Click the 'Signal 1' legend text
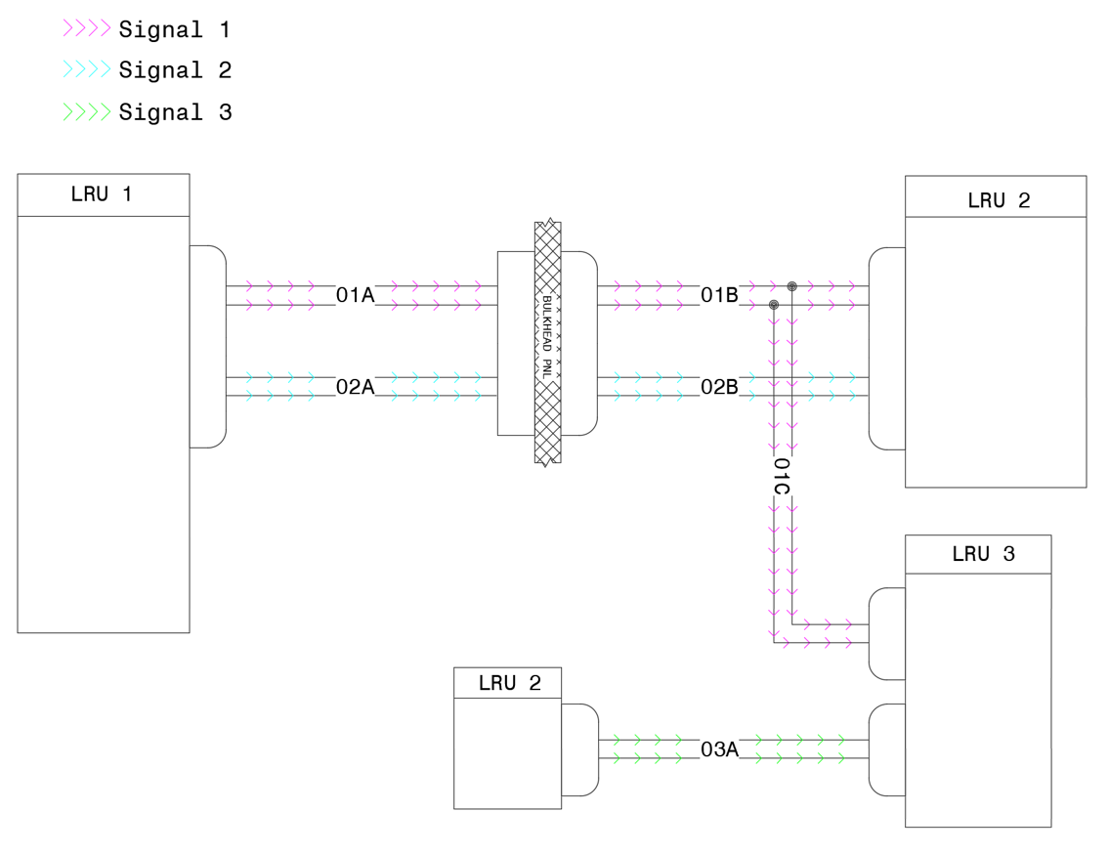174,30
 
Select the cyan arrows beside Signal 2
87,70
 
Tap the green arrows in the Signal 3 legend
87,112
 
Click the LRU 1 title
102,194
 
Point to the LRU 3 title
983,554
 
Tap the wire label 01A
355,295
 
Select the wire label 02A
355,387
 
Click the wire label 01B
719,295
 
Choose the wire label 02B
719,387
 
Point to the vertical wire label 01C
782,476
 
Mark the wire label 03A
719,749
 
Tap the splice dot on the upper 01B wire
792,286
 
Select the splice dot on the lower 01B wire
774,305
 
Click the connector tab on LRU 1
207,346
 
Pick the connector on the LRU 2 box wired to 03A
579,749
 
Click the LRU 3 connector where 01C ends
886,633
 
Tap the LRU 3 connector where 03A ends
886,749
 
